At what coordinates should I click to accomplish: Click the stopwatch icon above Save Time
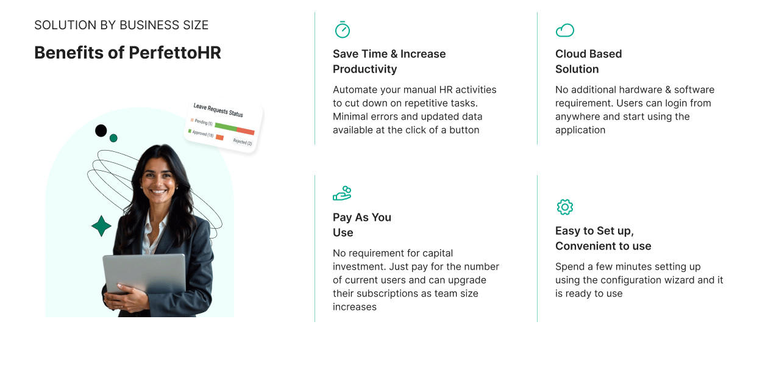(x=343, y=29)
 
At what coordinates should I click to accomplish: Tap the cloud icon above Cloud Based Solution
(x=564, y=30)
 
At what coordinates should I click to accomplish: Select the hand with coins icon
(x=342, y=193)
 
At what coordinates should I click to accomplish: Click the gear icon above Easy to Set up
(x=565, y=207)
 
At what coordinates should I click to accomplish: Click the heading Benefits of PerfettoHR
(x=127, y=52)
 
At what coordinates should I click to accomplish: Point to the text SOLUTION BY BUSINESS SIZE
(x=121, y=25)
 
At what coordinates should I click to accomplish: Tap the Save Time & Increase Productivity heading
(x=389, y=62)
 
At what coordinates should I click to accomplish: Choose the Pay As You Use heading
(x=362, y=225)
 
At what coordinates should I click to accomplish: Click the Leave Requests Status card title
(x=218, y=110)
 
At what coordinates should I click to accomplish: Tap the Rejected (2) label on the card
(x=242, y=142)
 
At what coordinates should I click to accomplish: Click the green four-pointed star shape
(x=101, y=226)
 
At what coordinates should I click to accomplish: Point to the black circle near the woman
(x=101, y=131)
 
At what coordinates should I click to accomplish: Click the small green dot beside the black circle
(x=113, y=138)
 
